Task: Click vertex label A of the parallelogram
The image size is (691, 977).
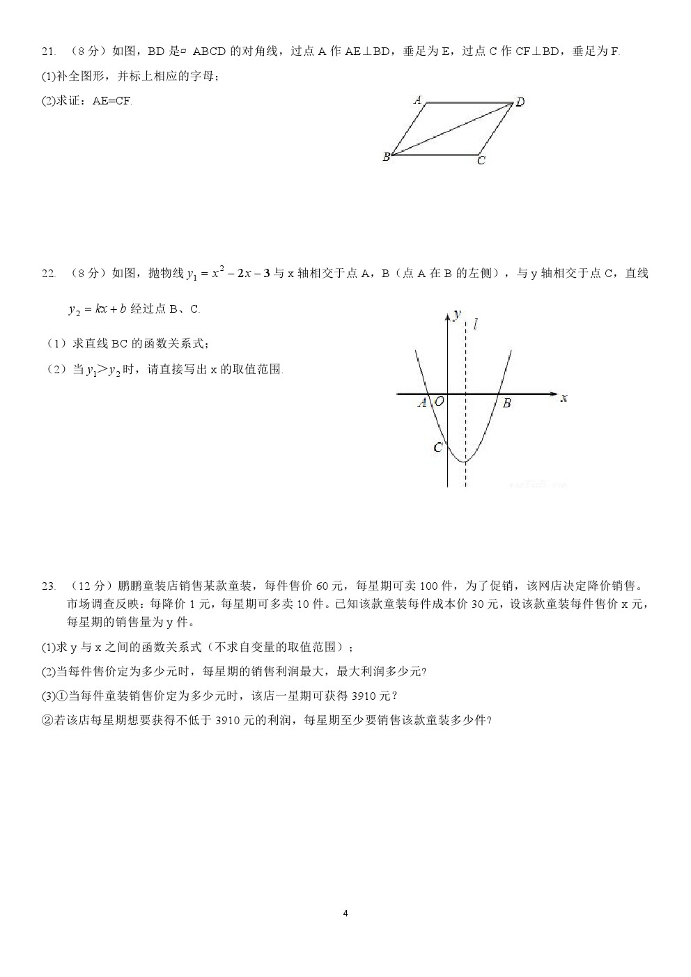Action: (x=418, y=99)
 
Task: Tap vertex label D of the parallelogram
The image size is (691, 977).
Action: (x=520, y=102)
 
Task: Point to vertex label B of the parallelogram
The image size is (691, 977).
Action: (x=386, y=157)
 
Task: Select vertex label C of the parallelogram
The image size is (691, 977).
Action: (x=481, y=161)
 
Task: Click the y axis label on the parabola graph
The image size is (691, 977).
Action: (x=456, y=315)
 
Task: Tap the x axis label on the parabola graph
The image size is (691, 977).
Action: (x=563, y=398)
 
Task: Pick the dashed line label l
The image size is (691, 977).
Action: (x=475, y=324)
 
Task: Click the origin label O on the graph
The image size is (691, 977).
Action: (x=440, y=402)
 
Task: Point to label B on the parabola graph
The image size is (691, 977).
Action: (x=506, y=403)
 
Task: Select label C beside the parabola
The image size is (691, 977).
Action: (x=437, y=447)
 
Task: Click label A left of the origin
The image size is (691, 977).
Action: (x=421, y=402)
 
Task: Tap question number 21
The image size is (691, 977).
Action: (x=48, y=52)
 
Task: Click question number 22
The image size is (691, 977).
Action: (x=48, y=274)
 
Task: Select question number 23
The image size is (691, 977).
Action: (x=48, y=586)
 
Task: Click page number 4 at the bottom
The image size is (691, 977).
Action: (x=345, y=913)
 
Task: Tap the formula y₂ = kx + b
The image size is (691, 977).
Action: (x=97, y=309)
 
